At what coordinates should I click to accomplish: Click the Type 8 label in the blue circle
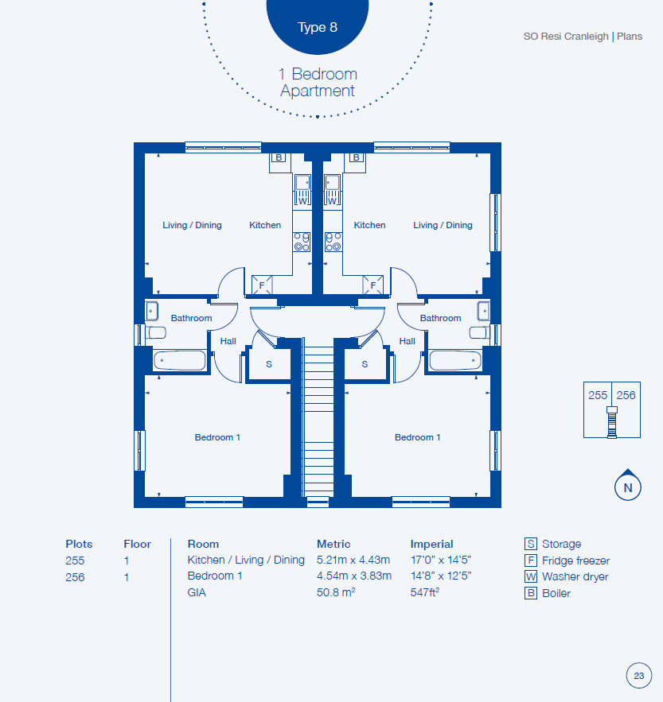pos(318,27)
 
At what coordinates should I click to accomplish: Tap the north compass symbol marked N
pos(628,485)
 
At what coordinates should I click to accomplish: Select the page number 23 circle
pos(639,676)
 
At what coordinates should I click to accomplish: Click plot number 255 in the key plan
pos(598,395)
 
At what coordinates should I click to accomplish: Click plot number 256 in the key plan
pos(626,395)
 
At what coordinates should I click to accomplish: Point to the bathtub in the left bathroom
pos(180,360)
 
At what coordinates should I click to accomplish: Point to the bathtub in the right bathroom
pos(455,360)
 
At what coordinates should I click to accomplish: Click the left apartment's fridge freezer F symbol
pos(262,285)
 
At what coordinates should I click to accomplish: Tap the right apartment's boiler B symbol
pos(357,157)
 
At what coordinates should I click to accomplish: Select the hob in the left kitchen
pos(302,242)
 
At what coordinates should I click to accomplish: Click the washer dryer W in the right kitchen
pos(332,200)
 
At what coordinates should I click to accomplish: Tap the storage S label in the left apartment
pos(269,364)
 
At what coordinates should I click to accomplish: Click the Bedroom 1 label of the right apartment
pos(417,437)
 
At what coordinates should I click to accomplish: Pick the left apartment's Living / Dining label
pos(192,225)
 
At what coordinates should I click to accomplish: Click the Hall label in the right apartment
pos(407,341)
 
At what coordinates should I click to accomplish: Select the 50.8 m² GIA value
pos(336,592)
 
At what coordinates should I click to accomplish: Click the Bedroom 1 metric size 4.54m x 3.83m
pos(354,576)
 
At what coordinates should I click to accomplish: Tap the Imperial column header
pos(431,544)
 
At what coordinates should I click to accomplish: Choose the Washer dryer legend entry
pos(567,576)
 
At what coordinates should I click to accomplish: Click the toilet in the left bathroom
pos(156,332)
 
